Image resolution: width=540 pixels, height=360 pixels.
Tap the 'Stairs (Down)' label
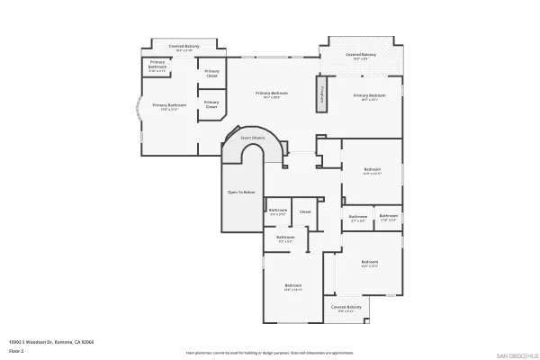(x=251, y=138)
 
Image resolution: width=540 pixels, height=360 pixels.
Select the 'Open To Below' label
(x=241, y=193)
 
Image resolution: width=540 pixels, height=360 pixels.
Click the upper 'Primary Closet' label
(x=211, y=74)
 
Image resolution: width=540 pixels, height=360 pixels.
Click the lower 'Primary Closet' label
(x=211, y=104)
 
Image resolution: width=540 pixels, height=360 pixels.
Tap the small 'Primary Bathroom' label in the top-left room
(x=157, y=66)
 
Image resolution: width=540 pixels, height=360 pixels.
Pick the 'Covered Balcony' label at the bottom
(x=346, y=307)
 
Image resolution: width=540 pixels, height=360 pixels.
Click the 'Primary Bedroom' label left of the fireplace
(x=272, y=94)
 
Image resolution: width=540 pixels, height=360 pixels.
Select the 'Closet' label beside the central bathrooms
(x=305, y=211)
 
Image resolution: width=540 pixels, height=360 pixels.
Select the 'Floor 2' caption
(x=17, y=348)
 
